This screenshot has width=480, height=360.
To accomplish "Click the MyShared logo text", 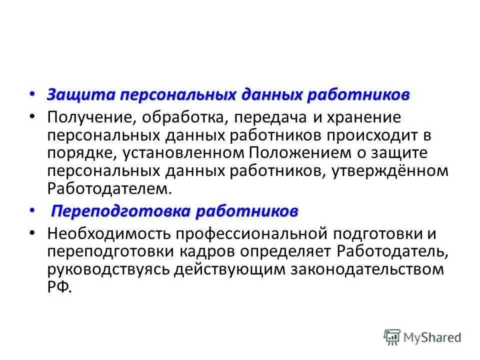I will click(433, 337).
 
